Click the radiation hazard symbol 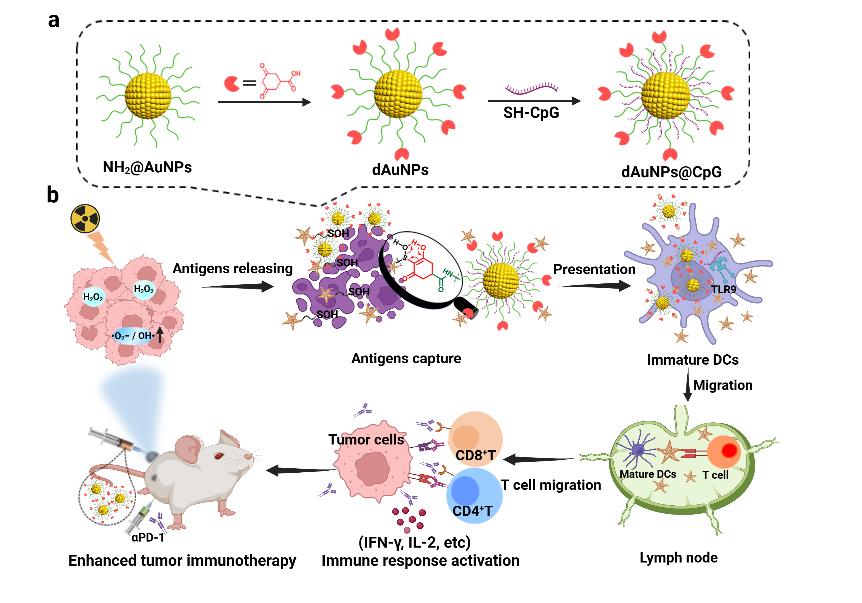pyautogui.click(x=85, y=219)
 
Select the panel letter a pyautogui.click(x=54, y=20)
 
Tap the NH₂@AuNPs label pyautogui.click(x=147, y=167)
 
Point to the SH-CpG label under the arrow pyautogui.click(x=531, y=113)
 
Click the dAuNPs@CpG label pyautogui.click(x=671, y=172)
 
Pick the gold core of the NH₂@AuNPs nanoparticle pyautogui.click(x=148, y=96)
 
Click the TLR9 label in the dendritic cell pyautogui.click(x=724, y=289)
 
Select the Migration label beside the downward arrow pyautogui.click(x=723, y=385)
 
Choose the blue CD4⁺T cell pyautogui.click(x=474, y=494)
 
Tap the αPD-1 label pyautogui.click(x=148, y=537)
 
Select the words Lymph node pyautogui.click(x=678, y=558)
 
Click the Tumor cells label pyautogui.click(x=366, y=439)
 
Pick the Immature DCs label pyautogui.click(x=692, y=360)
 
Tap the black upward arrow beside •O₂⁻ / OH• pyautogui.click(x=160, y=335)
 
